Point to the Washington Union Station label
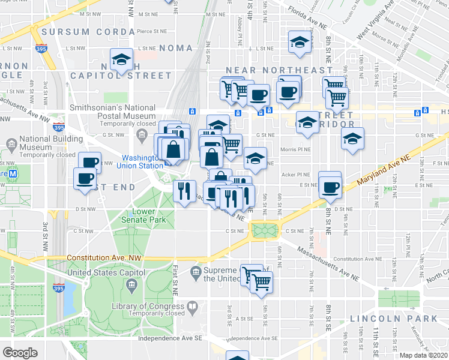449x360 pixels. tap(139, 161)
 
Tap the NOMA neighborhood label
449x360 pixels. tap(177, 47)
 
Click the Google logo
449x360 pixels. tap(20, 352)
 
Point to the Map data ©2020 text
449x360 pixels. tap(423, 355)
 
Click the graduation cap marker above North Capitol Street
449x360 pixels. tap(122, 60)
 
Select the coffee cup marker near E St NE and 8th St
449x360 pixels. tap(330, 186)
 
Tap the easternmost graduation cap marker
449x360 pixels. tap(352, 139)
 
